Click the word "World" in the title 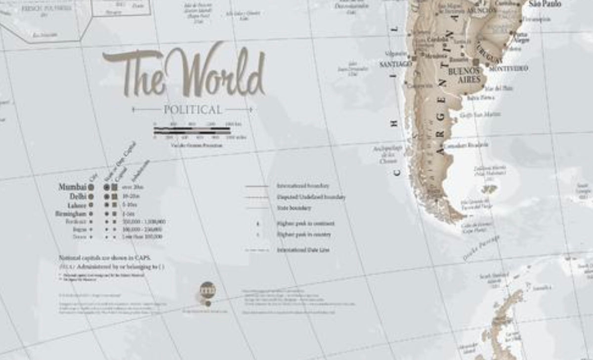[x=216, y=72]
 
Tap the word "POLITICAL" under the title [x=193, y=110]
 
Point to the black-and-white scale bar [x=192, y=131]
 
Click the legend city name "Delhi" [x=78, y=196]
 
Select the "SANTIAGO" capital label [x=395, y=64]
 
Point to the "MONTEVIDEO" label [x=508, y=68]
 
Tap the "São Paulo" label [x=545, y=4]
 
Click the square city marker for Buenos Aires [x=476, y=62]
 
